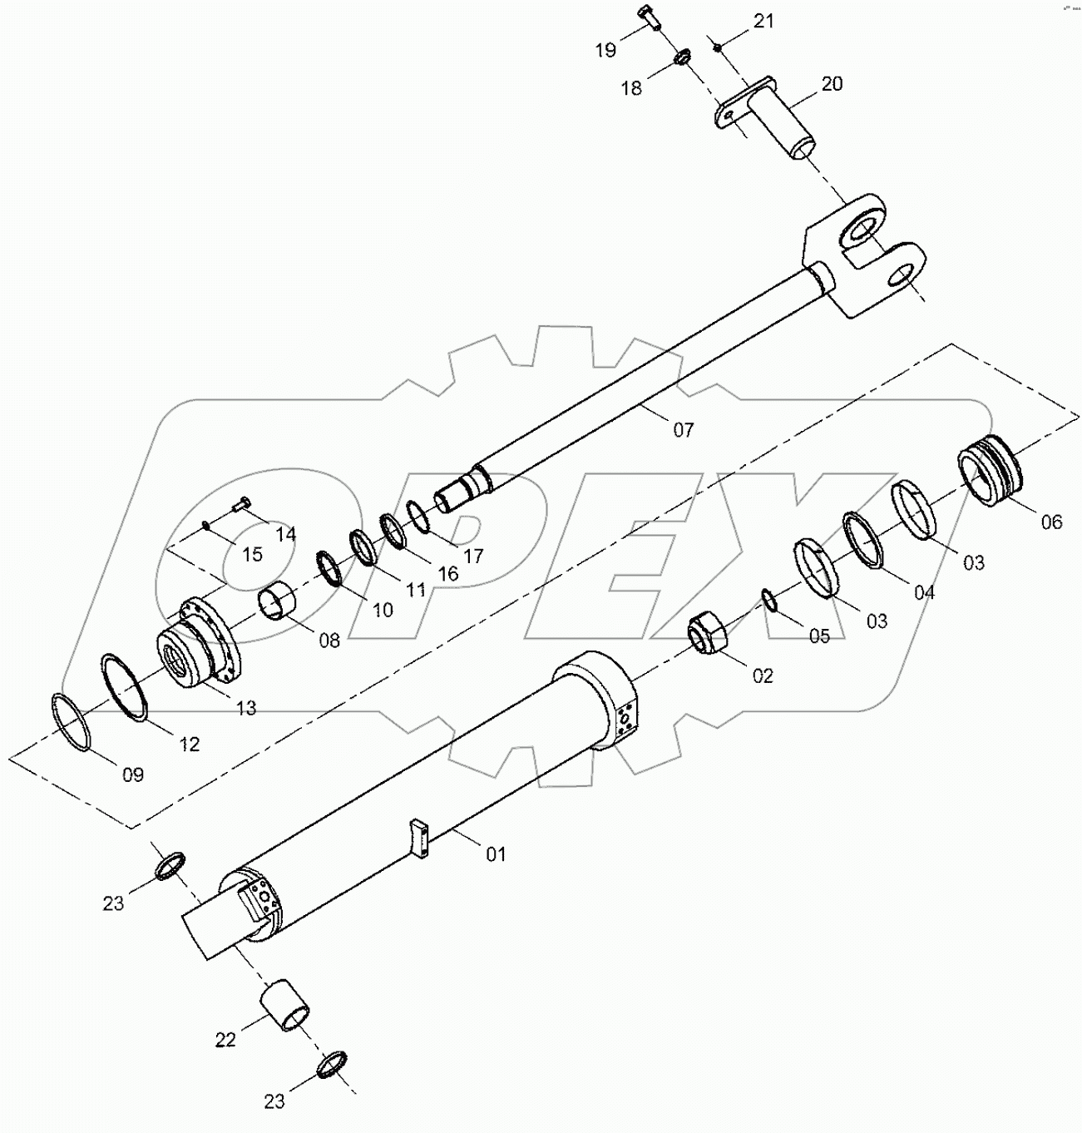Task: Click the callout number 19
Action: tap(605, 51)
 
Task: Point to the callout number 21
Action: tap(763, 22)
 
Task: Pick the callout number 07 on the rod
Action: tap(683, 430)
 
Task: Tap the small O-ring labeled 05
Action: tap(769, 601)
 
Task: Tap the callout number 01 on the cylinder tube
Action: tap(496, 854)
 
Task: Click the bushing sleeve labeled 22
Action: tap(287, 1005)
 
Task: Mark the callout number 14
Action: tap(285, 534)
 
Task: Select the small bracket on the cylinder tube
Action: tap(418, 837)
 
